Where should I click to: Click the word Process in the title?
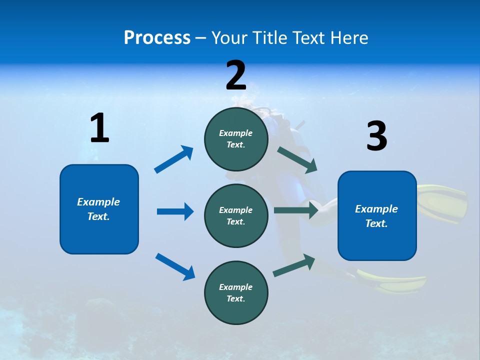tap(157, 37)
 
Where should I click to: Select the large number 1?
tap(99, 128)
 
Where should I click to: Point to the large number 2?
tap(236, 75)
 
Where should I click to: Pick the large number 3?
tap(376, 136)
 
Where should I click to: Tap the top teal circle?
tap(236, 139)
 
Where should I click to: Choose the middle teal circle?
tap(236, 215)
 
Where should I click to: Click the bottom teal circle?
tap(236, 292)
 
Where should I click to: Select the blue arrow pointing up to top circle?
tap(173, 159)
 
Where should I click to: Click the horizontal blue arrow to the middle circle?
tap(175, 211)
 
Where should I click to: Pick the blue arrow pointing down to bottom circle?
tap(175, 266)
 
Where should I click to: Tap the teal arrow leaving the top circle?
tap(297, 159)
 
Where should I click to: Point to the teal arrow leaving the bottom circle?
tap(294, 265)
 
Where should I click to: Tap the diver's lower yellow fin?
tap(395, 281)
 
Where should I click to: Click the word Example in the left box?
tap(98, 202)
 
